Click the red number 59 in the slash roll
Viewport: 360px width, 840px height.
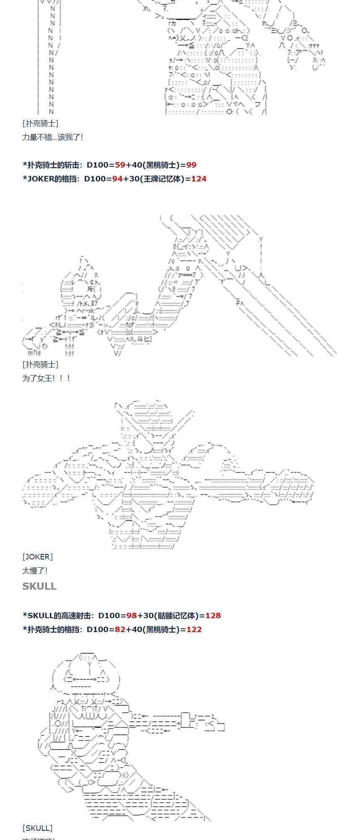120,165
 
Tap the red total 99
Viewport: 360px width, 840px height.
191,165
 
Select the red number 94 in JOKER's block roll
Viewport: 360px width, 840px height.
117,179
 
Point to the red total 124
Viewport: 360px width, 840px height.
199,179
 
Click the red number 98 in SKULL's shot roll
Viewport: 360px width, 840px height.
131,616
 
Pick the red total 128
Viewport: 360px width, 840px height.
213,616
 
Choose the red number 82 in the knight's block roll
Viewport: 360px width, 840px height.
120,630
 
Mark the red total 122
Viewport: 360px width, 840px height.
194,630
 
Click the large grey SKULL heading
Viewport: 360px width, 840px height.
39,586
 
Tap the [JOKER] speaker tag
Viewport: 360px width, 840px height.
37,557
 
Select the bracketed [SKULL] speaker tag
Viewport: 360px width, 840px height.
37,828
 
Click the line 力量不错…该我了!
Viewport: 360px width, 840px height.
53,137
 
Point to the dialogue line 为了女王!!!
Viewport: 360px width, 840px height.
46,378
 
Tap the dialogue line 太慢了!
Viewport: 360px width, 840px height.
35,571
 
